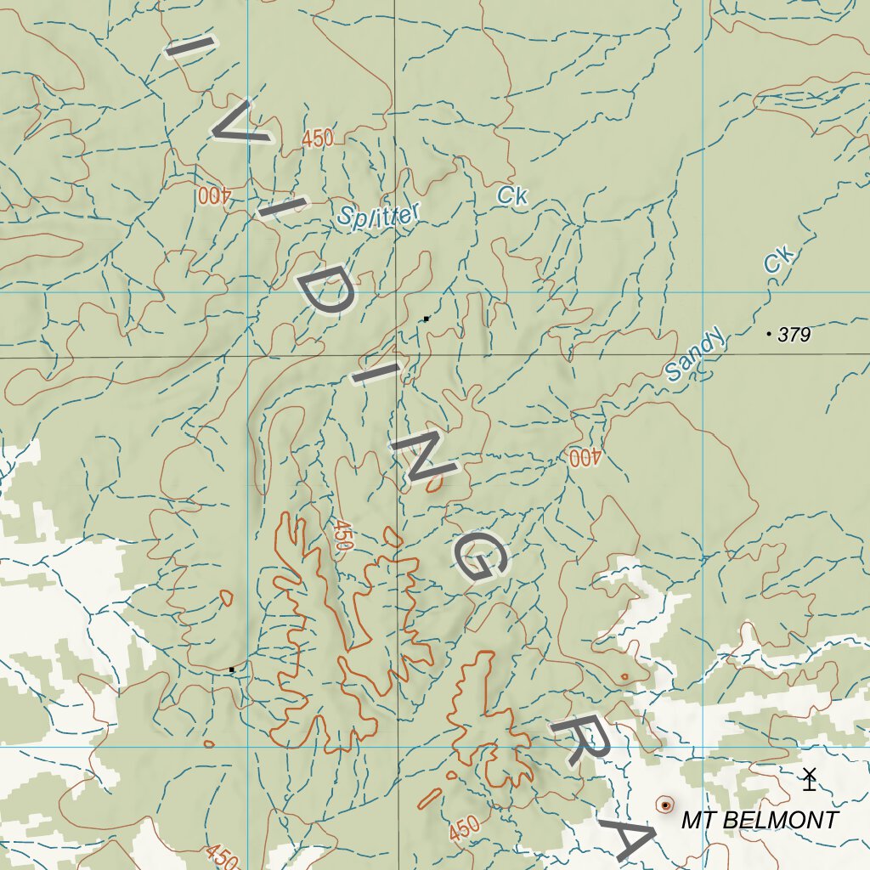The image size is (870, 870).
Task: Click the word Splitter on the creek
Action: [377, 214]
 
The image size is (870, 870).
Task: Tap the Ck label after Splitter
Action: [512, 196]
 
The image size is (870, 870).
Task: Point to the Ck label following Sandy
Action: [777, 260]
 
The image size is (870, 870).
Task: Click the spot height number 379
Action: [794, 335]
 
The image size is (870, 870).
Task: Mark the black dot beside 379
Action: [769, 334]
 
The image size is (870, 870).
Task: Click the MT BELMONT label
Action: [760, 821]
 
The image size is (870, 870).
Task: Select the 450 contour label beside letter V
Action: [317, 139]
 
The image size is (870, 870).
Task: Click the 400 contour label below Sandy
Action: [585, 458]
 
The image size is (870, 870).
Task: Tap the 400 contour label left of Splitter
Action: [215, 195]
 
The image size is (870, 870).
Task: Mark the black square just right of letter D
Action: [426, 319]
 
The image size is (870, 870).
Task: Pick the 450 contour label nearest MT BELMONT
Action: [464, 828]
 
